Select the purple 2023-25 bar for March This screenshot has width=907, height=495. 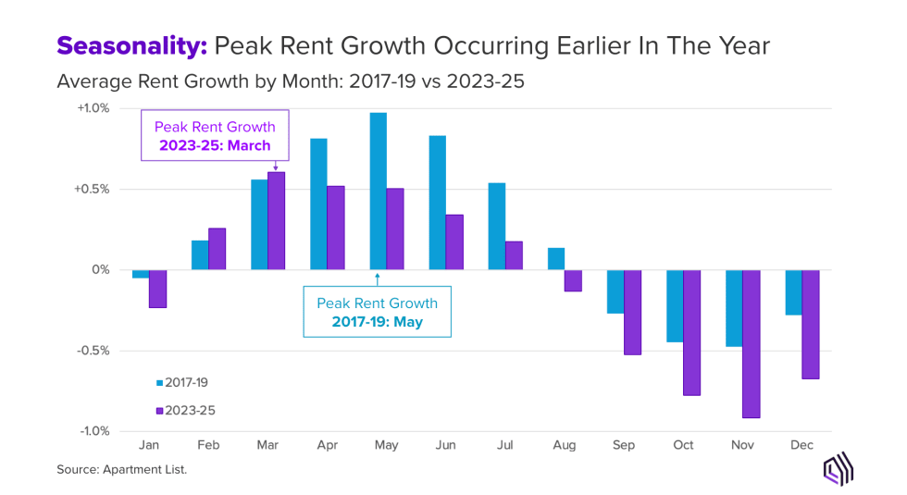(x=277, y=221)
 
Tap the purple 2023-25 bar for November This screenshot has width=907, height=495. (x=751, y=344)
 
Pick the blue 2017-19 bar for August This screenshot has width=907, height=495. (x=555, y=259)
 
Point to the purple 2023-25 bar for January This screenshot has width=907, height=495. (x=158, y=289)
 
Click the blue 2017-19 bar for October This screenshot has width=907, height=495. (x=674, y=306)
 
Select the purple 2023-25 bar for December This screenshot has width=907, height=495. (x=810, y=325)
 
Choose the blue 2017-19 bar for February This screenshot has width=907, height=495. (x=200, y=255)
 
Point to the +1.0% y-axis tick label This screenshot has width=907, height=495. (x=92, y=108)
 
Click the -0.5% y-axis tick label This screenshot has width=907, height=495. (x=93, y=351)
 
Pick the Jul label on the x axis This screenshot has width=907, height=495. (x=505, y=445)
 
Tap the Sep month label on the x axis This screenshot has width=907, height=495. (x=624, y=445)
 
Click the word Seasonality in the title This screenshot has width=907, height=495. (x=133, y=45)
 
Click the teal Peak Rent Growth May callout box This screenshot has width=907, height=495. (x=377, y=313)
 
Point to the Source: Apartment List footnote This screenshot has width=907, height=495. (x=122, y=470)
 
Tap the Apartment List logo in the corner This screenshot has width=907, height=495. (x=838, y=469)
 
